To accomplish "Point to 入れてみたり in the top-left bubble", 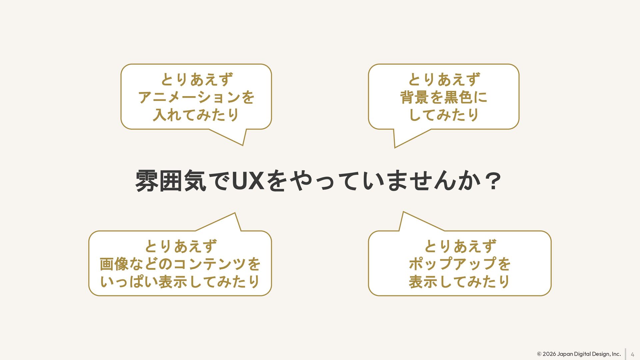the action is coord(196,115).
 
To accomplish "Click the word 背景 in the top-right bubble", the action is coord(414,97).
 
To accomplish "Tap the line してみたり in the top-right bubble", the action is coord(444,115).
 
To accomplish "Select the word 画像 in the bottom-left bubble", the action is coord(114,264).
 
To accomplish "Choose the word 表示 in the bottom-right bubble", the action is coord(423,282).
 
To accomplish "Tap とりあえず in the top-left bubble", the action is coord(196,80).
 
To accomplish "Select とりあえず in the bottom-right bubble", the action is coord(460,246).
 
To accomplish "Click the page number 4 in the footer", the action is coord(632,354).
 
